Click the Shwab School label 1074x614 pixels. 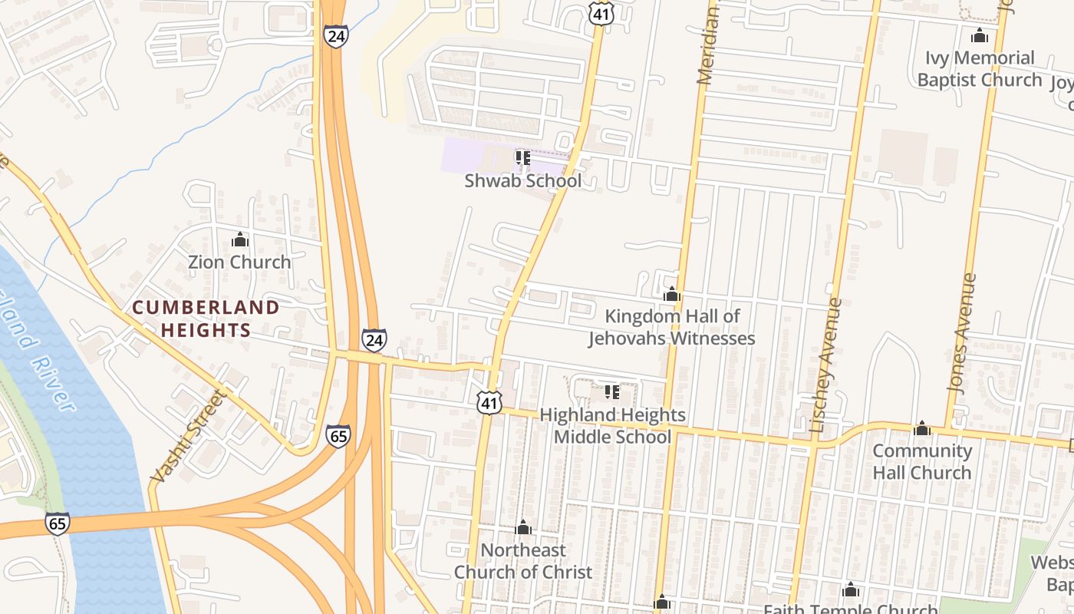(523, 181)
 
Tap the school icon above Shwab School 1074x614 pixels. (523, 159)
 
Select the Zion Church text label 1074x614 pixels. (240, 262)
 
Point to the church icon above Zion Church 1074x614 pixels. (240, 240)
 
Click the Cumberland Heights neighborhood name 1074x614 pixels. (206, 319)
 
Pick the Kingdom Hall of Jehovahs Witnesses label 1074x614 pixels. (672, 327)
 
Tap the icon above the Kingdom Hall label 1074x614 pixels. (672, 294)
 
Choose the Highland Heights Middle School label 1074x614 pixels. (612, 426)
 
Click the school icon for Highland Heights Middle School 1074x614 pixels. (612, 392)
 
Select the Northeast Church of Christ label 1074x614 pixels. (523, 561)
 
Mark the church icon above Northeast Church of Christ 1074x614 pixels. (523, 528)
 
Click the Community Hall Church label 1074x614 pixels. (922, 461)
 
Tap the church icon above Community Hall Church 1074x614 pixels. (922, 428)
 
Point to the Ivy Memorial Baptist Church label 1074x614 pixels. (980, 69)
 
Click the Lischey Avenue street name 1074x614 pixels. (825, 365)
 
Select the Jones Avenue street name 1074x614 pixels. (962, 333)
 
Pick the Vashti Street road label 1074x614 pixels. (189, 437)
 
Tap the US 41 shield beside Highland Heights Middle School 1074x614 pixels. (489, 402)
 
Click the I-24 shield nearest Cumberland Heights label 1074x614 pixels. (374, 339)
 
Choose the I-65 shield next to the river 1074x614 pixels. (57, 523)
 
